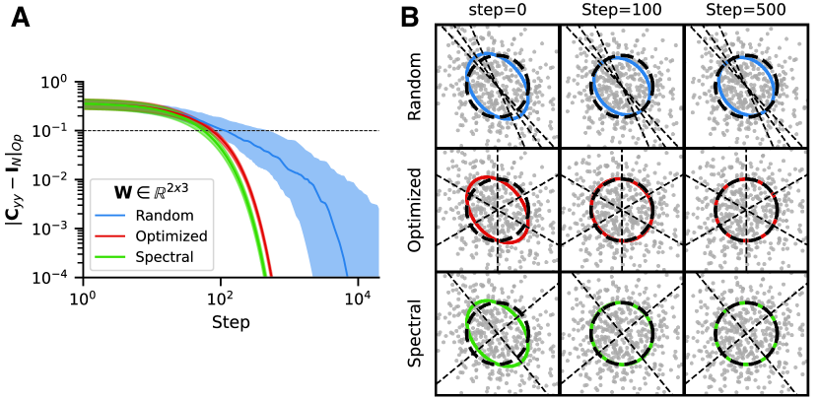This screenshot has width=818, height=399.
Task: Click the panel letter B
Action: [x=409, y=18]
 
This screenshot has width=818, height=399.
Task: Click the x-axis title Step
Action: [x=229, y=323]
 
